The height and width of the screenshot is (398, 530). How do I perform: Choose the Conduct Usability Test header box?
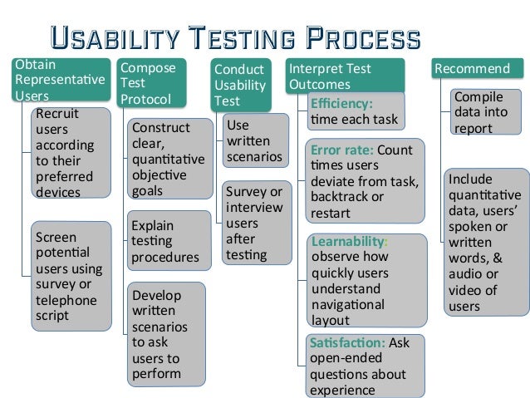(x=240, y=85)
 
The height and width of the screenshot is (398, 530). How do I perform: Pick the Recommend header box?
(x=471, y=68)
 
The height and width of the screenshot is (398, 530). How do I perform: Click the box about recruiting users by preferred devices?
(x=70, y=153)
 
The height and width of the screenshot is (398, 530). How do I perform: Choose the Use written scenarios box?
(x=254, y=140)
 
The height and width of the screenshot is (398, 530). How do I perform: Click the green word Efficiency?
(x=341, y=105)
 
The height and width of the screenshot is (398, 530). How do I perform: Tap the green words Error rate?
(x=341, y=150)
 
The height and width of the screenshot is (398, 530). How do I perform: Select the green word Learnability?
(x=348, y=241)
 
